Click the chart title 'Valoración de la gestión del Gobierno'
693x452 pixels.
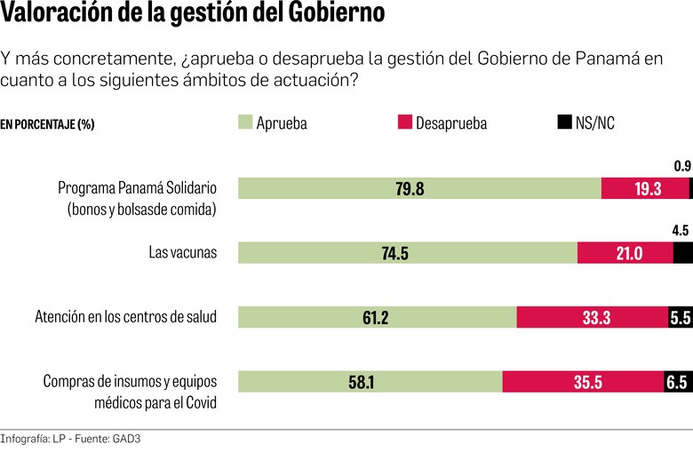(193, 15)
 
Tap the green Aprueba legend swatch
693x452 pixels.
(246, 123)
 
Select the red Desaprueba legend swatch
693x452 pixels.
(405, 123)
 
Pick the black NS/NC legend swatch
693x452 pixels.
(564, 123)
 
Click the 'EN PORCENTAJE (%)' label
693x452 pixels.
(47, 124)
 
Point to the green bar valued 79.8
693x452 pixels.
(420, 188)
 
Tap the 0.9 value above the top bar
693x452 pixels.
(682, 165)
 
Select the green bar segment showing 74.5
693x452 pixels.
(408, 253)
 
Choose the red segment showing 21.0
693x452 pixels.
(625, 253)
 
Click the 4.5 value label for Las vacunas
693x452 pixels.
(681, 231)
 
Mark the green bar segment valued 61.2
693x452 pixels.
(378, 318)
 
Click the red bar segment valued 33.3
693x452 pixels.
(593, 318)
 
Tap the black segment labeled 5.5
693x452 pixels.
(680, 318)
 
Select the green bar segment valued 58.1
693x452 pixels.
(370, 382)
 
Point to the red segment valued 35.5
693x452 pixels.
(583, 382)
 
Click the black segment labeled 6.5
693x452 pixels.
(678, 382)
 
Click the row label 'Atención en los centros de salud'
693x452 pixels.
(125, 317)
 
